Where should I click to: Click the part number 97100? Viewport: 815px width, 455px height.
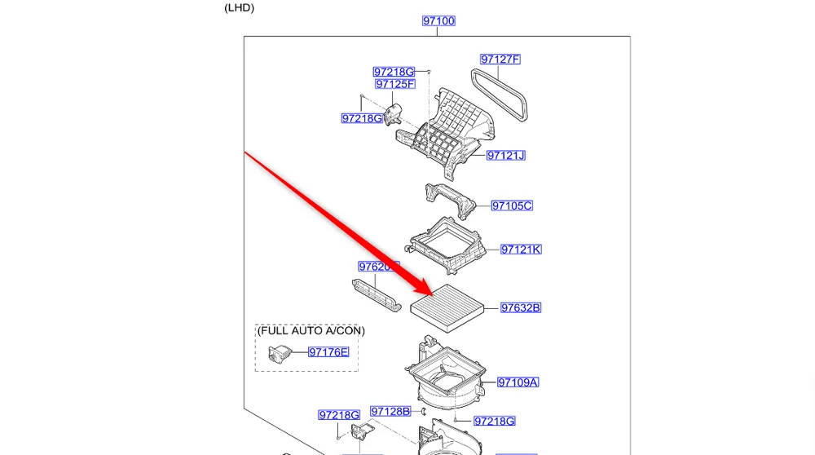pyautogui.click(x=438, y=21)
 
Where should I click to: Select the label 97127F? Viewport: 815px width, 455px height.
pyautogui.click(x=500, y=60)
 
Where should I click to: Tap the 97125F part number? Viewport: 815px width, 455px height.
pyautogui.click(x=395, y=84)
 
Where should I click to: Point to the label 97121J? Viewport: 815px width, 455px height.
pyautogui.click(x=505, y=156)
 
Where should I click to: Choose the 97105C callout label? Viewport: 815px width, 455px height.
pyautogui.click(x=511, y=206)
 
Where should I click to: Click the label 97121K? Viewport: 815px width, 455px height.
pyautogui.click(x=520, y=250)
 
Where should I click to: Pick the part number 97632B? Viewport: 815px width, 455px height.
pyautogui.click(x=520, y=308)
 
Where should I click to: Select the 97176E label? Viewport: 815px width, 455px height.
pyautogui.click(x=328, y=352)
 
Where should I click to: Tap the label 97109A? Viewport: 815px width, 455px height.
pyautogui.click(x=518, y=382)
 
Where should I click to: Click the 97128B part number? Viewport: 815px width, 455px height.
pyautogui.click(x=390, y=412)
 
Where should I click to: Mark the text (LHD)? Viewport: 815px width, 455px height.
pyautogui.click(x=240, y=8)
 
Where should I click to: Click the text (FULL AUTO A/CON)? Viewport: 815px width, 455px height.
pyautogui.click(x=311, y=331)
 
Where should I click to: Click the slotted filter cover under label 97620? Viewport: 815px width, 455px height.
pyautogui.click(x=376, y=294)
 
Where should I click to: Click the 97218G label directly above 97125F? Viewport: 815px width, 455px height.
pyautogui.click(x=394, y=73)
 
